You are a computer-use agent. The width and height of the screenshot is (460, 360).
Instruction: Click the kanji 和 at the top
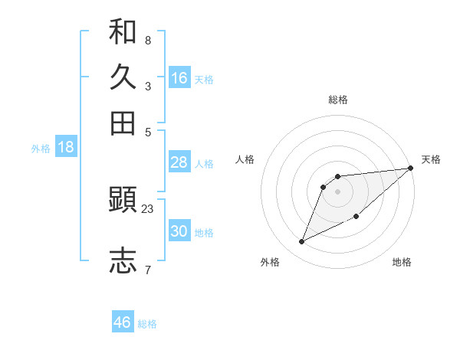(x=123, y=32)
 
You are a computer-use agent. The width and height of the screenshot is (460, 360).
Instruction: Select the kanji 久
(x=123, y=77)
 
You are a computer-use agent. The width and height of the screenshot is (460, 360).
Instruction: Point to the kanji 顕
(x=123, y=201)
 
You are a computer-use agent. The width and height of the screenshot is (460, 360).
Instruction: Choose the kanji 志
(x=123, y=260)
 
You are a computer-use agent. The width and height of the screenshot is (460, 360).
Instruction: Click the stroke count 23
(x=148, y=208)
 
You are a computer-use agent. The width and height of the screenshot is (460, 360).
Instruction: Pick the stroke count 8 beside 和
(x=148, y=40)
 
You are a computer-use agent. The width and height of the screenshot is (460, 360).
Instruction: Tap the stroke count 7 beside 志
(x=148, y=270)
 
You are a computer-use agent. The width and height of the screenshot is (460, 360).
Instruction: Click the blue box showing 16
(x=179, y=77)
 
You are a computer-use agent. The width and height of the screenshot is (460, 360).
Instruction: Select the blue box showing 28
(x=179, y=162)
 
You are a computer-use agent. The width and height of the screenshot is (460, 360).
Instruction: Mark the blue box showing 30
(x=179, y=231)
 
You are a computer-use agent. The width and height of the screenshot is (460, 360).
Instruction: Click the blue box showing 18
(x=66, y=147)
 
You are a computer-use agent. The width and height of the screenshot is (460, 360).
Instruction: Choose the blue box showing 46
(x=123, y=322)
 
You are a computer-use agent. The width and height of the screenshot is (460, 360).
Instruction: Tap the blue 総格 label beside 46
(x=147, y=324)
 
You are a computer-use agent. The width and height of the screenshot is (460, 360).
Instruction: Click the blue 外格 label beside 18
(x=41, y=149)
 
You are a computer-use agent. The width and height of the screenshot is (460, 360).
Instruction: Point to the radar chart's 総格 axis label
(x=338, y=100)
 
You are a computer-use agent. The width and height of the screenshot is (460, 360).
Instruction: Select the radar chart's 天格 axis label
(x=431, y=159)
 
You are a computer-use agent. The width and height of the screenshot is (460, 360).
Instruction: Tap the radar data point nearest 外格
(x=302, y=242)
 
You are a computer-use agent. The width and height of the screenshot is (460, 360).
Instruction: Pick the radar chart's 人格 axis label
(x=245, y=159)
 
